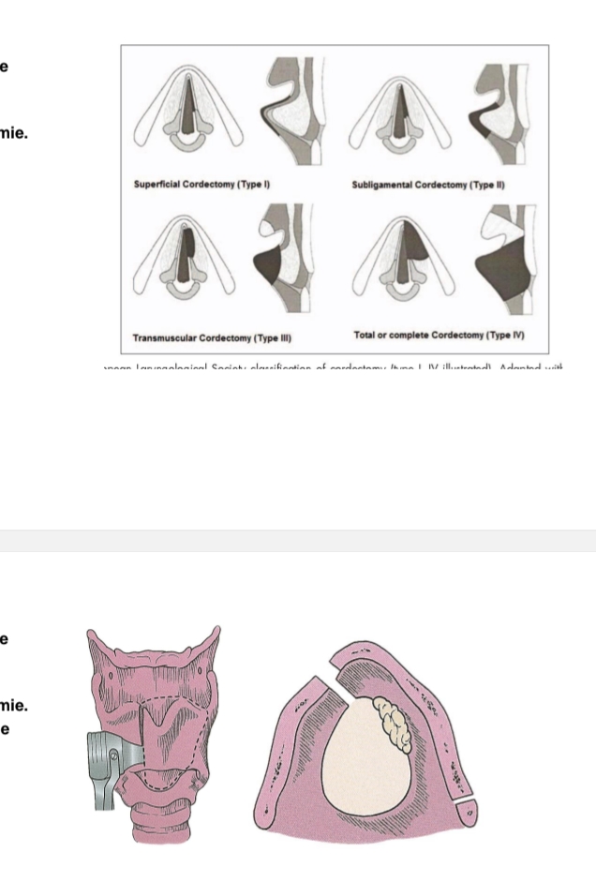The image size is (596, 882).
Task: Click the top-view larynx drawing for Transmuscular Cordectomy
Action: pyautogui.click(x=188, y=263)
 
